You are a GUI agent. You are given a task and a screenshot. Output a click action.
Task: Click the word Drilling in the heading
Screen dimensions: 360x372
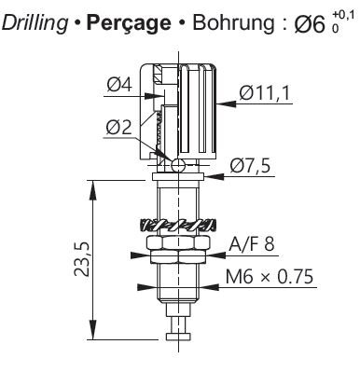coord(35,22)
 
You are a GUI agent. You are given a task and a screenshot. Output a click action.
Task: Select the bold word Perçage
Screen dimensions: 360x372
coord(129,23)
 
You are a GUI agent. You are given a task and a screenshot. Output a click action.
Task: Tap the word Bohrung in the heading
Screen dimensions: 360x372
coord(233,22)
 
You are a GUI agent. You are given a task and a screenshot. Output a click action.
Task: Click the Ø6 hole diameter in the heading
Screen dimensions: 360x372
coord(310,24)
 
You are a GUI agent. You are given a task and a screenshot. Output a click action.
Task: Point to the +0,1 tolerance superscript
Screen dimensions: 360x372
coord(343,15)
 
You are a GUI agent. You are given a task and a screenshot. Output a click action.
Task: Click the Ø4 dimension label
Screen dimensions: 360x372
coord(119,85)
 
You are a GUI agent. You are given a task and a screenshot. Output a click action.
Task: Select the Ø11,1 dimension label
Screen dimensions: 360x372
coord(265,93)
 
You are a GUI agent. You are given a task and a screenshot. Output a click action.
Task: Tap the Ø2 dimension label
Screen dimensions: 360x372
coord(119,128)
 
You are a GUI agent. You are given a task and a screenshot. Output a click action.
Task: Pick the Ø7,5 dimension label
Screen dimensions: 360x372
coord(250,167)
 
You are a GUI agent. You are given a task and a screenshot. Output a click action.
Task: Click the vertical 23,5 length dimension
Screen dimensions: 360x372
coord(82,258)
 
